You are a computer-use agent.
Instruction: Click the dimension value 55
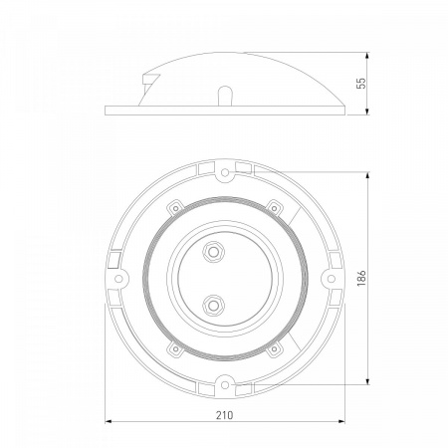coord(361,83)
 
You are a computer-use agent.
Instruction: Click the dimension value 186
coord(361,278)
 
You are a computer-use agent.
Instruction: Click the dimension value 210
coord(225,415)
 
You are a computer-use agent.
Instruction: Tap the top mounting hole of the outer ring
coord(225,172)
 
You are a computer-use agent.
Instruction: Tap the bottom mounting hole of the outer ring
coord(225,385)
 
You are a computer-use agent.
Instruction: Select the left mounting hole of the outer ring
coord(118,279)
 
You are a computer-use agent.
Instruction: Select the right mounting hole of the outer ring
coord(332,279)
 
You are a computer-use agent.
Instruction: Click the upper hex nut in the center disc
coord(213,252)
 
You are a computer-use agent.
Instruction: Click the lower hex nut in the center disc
coord(213,305)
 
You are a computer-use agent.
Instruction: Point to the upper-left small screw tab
coord(175,208)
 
